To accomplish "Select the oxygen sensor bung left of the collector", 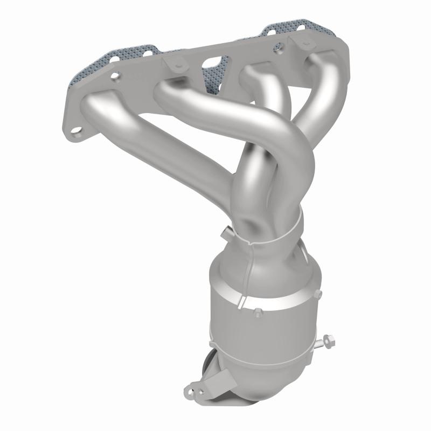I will [x=225, y=233].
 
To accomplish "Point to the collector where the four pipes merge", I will [x=264, y=215].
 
